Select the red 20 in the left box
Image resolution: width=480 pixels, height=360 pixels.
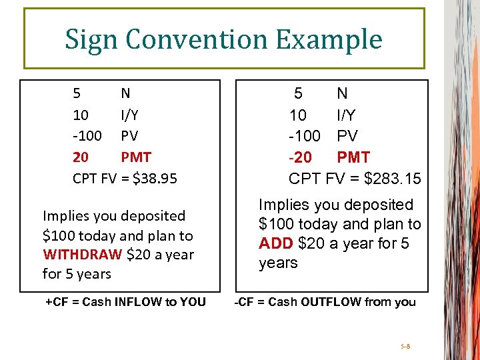pos(80,157)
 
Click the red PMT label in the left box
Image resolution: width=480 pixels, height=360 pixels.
pos(136,157)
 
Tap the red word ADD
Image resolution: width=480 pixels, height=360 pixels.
pos(276,243)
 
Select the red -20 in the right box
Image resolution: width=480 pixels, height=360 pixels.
pos(301,157)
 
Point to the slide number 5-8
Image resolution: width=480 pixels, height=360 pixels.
pos(406,347)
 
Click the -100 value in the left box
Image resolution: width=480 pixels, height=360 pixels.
pos(87,136)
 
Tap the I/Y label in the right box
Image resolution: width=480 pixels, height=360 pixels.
pos(347,115)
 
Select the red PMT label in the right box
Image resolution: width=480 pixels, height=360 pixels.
pos(354,157)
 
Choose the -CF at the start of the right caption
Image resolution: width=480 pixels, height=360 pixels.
pos(243,302)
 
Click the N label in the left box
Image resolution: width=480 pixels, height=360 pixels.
pos(125,93)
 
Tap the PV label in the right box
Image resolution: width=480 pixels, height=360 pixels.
pos(347,136)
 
